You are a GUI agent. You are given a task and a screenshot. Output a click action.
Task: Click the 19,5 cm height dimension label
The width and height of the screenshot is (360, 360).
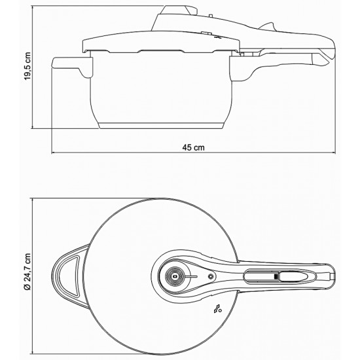coord(27,66)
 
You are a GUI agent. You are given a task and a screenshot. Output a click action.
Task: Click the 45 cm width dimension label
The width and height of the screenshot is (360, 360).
coord(193,147)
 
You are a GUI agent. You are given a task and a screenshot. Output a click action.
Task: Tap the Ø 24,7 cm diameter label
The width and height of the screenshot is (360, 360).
coord(27,272)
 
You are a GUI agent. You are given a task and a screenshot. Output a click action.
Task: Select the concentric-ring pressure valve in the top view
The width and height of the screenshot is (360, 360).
coord(175,277)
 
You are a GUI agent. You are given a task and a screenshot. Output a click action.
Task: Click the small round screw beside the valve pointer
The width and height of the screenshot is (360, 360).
coord(210,277)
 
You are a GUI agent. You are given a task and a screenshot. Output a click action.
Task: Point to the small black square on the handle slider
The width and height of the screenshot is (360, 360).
coord(276,277)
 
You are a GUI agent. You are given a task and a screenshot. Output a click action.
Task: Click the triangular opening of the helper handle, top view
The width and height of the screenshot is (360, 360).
coord(69,276)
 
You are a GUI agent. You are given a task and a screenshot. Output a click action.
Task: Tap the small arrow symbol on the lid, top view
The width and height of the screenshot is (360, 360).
coord(217,309)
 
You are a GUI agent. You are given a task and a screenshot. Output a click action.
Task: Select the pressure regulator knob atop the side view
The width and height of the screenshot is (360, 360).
coord(179,10)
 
